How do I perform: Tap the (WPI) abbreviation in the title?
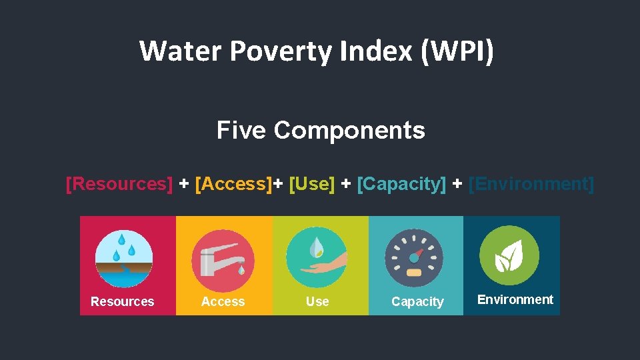(x=457, y=51)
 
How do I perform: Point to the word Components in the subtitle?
(x=349, y=130)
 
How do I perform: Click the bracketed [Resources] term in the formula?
(x=119, y=183)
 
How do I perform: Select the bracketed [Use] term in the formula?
(x=312, y=183)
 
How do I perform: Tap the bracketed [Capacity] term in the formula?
(x=401, y=183)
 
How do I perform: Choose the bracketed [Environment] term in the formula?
(x=531, y=183)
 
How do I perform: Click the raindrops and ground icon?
(x=124, y=259)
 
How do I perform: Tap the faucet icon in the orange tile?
(x=223, y=259)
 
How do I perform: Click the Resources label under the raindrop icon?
(x=122, y=302)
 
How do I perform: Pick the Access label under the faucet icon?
(x=223, y=302)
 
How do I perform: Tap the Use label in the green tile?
(x=317, y=302)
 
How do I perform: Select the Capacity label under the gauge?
(x=417, y=302)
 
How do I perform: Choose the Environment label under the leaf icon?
(x=515, y=300)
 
